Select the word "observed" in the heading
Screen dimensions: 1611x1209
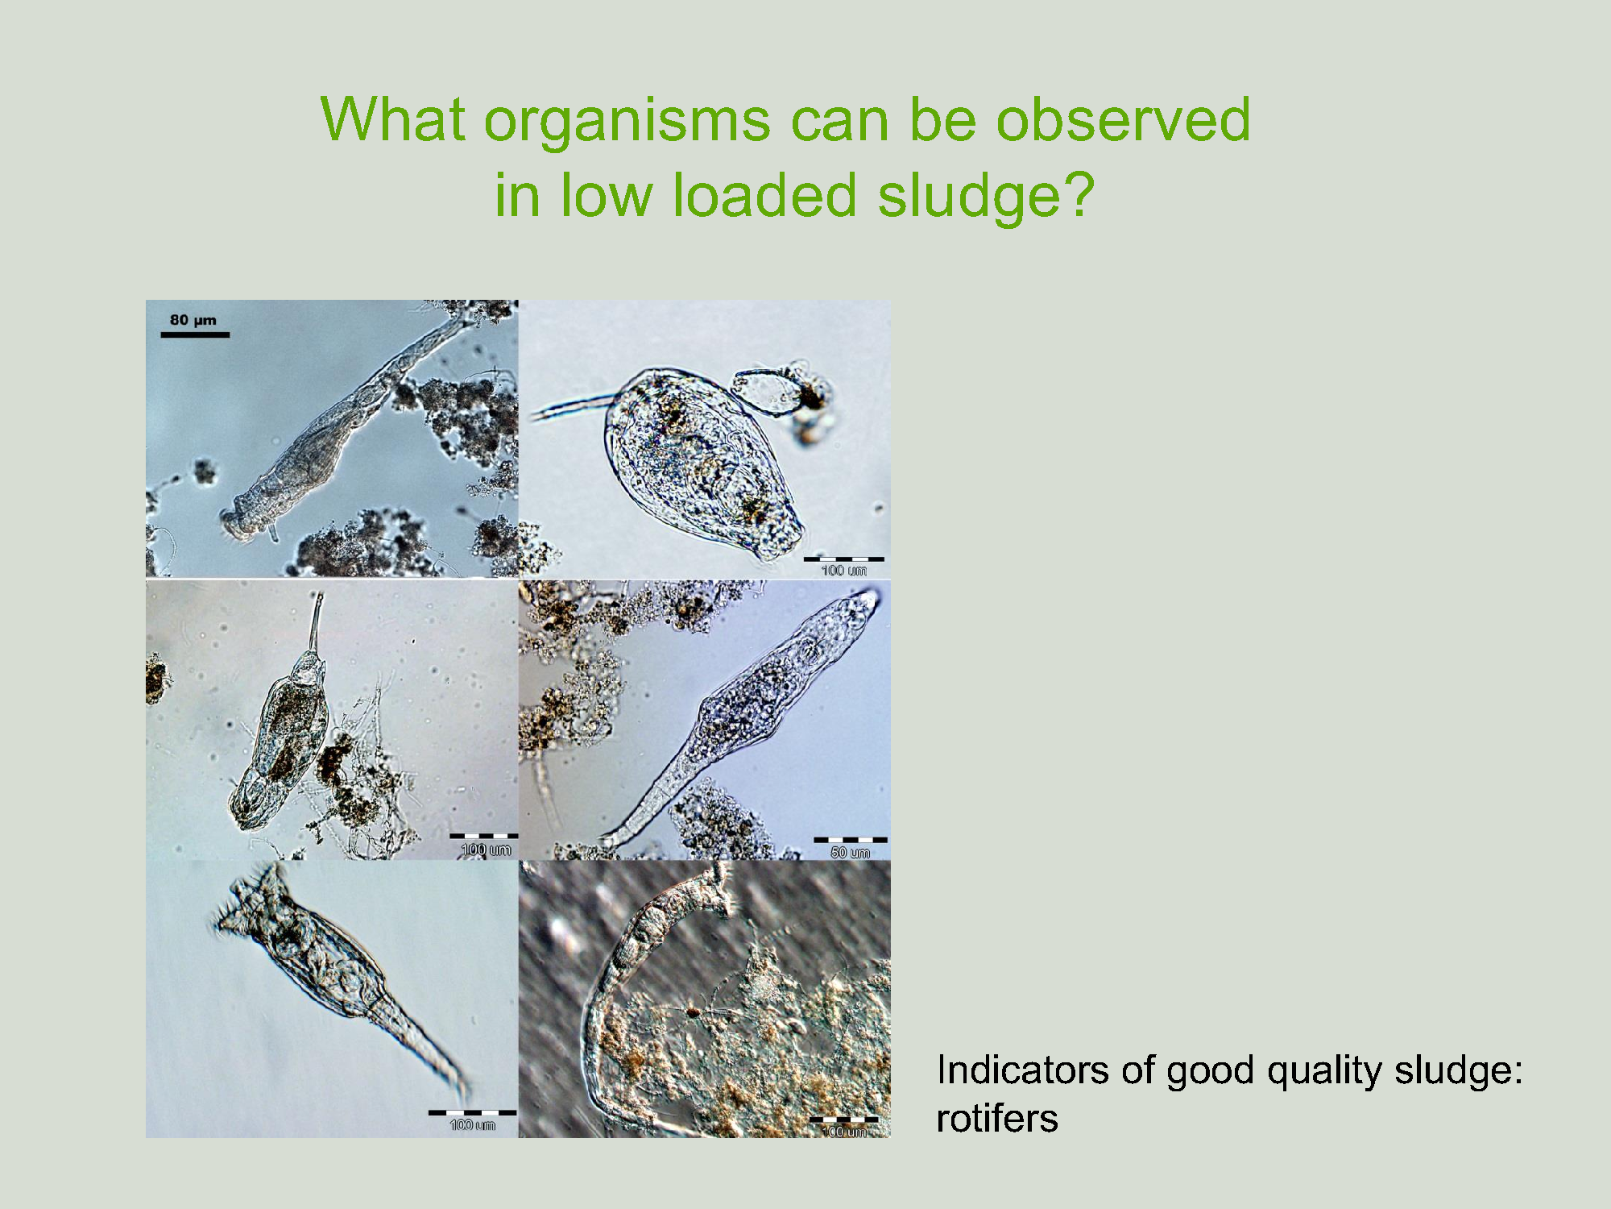click(x=1124, y=118)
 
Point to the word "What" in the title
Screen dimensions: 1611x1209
click(x=392, y=118)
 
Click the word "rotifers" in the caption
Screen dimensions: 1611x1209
click(x=997, y=1119)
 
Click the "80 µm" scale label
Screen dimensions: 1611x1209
click(x=193, y=320)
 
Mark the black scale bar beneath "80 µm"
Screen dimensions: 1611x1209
click(x=195, y=334)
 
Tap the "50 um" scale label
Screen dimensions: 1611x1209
click(x=850, y=853)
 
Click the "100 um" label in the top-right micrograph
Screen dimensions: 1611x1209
click(x=843, y=571)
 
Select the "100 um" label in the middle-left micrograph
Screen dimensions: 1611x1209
click(x=486, y=850)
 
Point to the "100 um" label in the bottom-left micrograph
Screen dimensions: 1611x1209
click(x=473, y=1125)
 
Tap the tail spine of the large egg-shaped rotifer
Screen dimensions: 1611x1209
click(x=572, y=407)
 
